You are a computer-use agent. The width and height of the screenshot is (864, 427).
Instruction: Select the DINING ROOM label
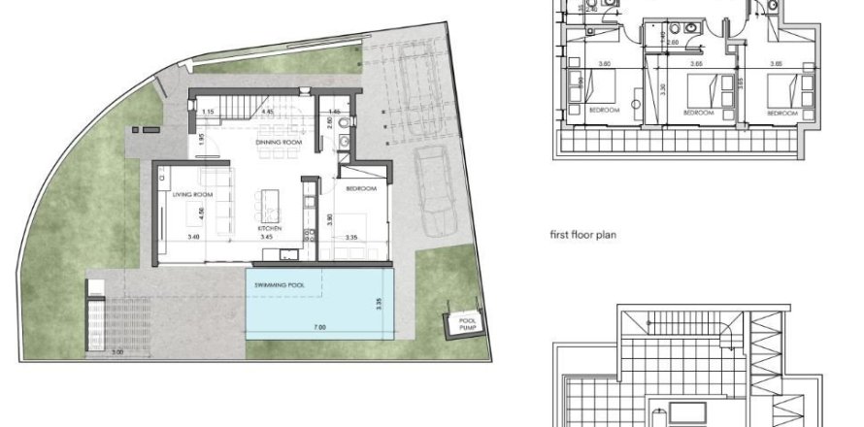click(x=275, y=143)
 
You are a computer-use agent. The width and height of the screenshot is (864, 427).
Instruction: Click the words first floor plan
click(x=583, y=235)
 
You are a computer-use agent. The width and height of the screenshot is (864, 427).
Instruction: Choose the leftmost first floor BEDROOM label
click(x=604, y=111)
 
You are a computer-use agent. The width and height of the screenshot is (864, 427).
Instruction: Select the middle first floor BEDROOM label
click(x=699, y=113)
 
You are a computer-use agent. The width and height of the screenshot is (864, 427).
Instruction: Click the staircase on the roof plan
click(x=680, y=323)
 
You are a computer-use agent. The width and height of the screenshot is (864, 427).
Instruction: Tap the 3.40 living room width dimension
click(x=193, y=236)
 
